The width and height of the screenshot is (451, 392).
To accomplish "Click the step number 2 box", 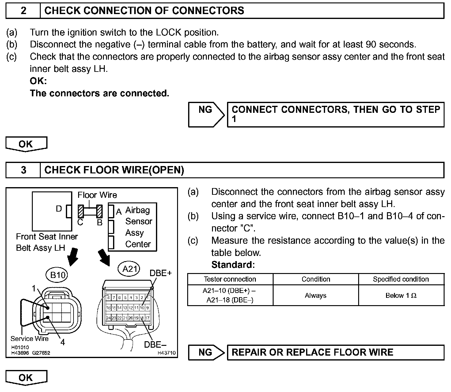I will click(x=23, y=11).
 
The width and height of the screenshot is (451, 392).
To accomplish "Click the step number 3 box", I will click(x=23, y=170).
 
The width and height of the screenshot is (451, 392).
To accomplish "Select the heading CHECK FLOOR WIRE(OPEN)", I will click(x=114, y=170).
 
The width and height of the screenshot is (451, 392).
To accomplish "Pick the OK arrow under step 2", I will click(x=26, y=144).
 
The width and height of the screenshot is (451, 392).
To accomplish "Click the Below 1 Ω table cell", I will click(x=401, y=296).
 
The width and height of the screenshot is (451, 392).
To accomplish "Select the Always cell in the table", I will click(x=316, y=296).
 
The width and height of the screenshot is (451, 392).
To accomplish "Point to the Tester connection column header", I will click(x=230, y=279).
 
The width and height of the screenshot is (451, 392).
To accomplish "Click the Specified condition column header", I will click(x=401, y=279).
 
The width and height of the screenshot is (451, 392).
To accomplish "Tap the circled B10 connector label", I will click(x=58, y=275).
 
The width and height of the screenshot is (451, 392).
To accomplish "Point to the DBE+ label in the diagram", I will click(x=161, y=273).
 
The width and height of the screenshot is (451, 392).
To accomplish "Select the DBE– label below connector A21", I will click(x=155, y=345).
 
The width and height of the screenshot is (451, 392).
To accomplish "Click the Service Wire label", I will click(x=29, y=338).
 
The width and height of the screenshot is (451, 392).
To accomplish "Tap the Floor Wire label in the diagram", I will click(x=97, y=195).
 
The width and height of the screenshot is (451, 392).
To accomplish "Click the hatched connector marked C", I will click(x=81, y=211).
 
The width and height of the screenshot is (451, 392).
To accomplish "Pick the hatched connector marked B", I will click(x=100, y=211).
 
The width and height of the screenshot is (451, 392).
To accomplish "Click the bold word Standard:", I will click(x=233, y=264).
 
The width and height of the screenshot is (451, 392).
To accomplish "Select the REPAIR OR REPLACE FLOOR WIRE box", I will click(x=335, y=352).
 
